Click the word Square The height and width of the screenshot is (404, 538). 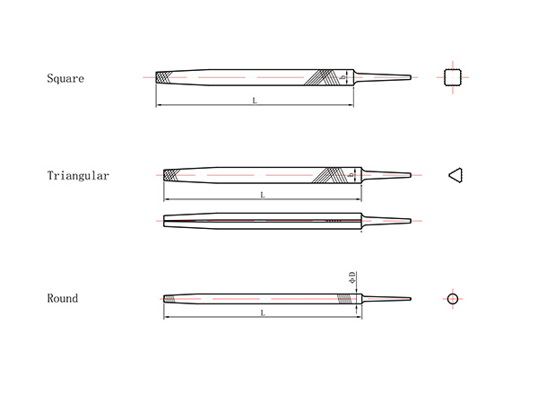65,78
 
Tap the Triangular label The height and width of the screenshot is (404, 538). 78,176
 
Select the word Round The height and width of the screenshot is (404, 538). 63,298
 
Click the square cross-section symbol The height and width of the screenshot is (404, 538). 454,77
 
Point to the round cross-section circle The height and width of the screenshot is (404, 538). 453,298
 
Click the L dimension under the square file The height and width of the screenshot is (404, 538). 255,101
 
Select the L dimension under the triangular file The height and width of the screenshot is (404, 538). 262,195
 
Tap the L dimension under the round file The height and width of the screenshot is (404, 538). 262,312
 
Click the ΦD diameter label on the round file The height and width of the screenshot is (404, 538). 352,278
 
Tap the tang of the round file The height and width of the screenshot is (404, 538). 386,298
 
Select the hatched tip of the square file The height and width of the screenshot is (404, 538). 165,77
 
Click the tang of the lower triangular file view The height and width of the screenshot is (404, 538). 387,220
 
